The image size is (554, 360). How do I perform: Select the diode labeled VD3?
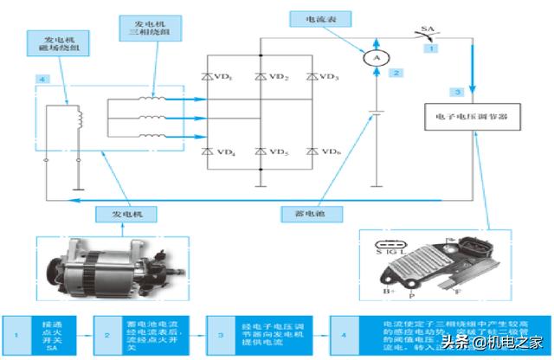(310, 77)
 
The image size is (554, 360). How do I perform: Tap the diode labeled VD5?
(260, 151)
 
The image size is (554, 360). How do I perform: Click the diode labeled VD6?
(310, 151)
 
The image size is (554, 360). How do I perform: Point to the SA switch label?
(427, 30)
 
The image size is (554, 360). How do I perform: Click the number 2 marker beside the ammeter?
(396, 73)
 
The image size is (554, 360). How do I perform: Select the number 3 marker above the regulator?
(459, 91)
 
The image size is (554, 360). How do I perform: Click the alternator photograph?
(113, 263)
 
